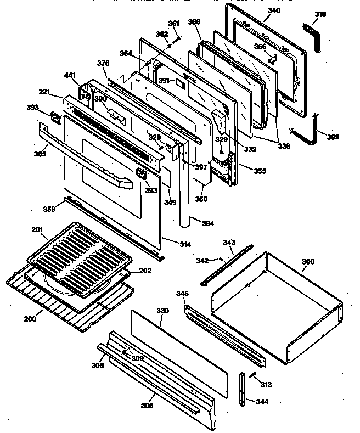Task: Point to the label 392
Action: (x=333, y=137)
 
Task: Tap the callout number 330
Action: (x=163, y=311)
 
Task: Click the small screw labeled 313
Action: (x=253, y=375)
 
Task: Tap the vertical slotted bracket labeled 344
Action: (x=242, y=388)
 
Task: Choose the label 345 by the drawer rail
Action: (x=183, y=294)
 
